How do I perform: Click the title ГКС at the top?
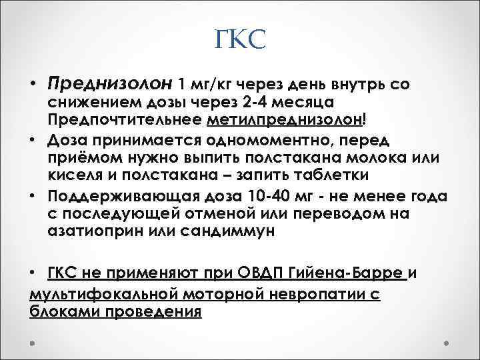click(x=241, y=41)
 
